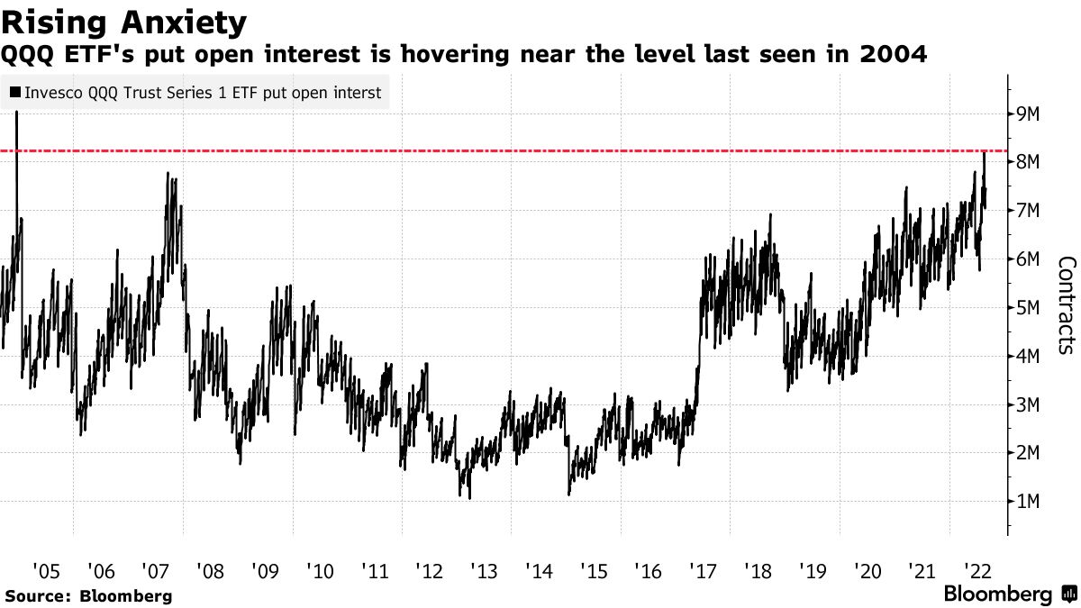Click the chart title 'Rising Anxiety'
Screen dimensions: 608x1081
point(124,21)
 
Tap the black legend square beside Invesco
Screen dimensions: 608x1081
point(15,92)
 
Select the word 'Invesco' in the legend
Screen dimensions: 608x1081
point(51,92)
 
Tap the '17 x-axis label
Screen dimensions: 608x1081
point(703,570)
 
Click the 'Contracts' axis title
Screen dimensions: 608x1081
point(1067,305)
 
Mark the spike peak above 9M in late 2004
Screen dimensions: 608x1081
point(17,113)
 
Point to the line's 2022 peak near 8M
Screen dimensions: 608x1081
point(985,154)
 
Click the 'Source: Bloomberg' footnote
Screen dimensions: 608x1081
point(87,595)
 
